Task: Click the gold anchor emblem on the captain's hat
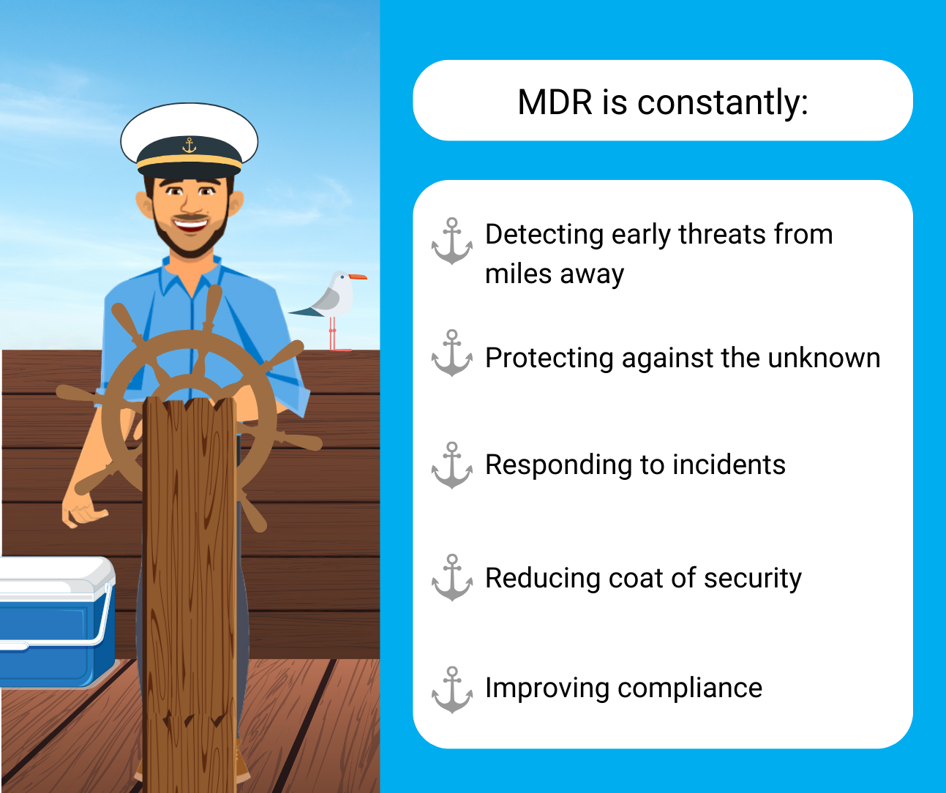(x=189, y=145)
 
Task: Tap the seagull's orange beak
(x=358, y=277)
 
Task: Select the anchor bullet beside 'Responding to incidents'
(x=452, y=465)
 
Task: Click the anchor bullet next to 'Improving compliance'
(x=452, y=690)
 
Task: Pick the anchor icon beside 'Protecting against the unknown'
(x=452, y=353)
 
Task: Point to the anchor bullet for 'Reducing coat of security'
(x=452, y=577)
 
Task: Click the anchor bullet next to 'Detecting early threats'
(x=452, y=241)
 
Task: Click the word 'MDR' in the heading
(x=555, y=102)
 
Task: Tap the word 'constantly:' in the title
(x=723, y=103)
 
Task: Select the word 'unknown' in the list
(x=824, y=358)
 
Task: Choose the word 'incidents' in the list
(x=729, y=465)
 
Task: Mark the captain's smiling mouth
(x=191, y=225)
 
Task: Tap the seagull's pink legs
(x=334, y=334)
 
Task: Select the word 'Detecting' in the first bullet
(x=544, y=236)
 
